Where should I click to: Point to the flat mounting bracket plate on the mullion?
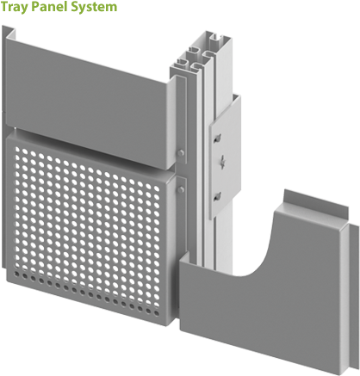(x=223, y=155)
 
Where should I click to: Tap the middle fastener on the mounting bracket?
(x=222, y=160)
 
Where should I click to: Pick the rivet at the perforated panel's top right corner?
(x=181, y=182)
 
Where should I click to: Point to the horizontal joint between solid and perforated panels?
(x=95, y=133)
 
